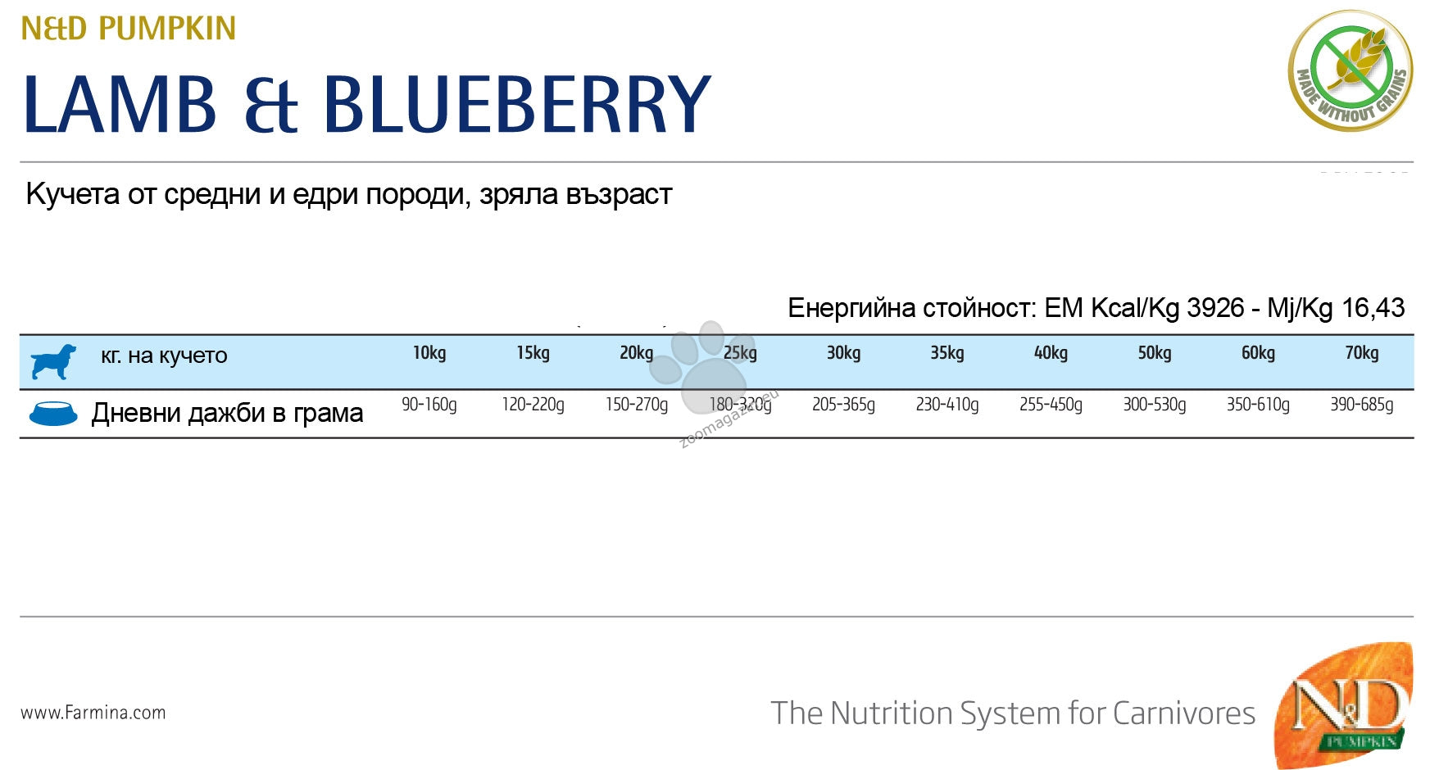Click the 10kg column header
click(429, 353)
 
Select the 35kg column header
click(947, 353)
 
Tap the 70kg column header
click(1361, 353)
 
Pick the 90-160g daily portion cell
click(429, 405)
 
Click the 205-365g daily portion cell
click(843, 405)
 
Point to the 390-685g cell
click(1361, 405)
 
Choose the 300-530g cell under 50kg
click(1154, 405)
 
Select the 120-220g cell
click(533, 405)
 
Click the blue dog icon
click(53, 361)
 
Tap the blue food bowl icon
click(53, 414)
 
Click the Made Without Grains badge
click(1350, 70)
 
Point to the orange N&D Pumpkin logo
click(1344, 704)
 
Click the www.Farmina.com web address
click(93, 713)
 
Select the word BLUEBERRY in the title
click(516, 104)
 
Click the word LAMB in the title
click(120, 104)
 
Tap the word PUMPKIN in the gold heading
click(167, 28)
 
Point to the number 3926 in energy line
click(1215, 308)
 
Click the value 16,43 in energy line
click(1373, 308)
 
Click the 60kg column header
click(1258, 353)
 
